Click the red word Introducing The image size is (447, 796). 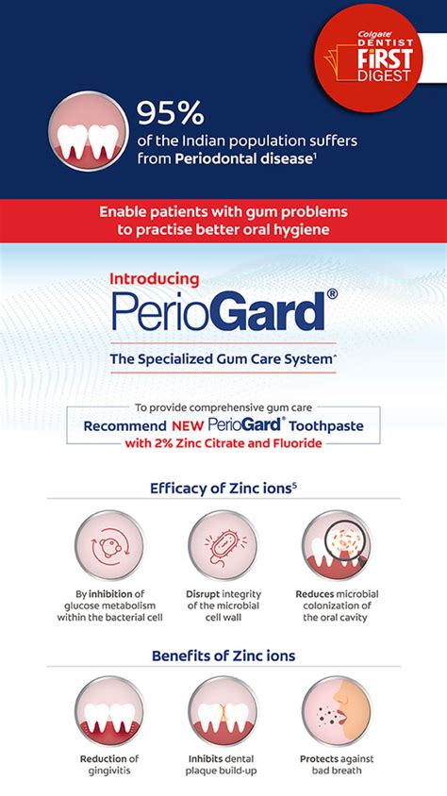(155, 278)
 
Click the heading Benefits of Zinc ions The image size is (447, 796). (223, 655)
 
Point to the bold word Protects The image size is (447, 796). (319, 758)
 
